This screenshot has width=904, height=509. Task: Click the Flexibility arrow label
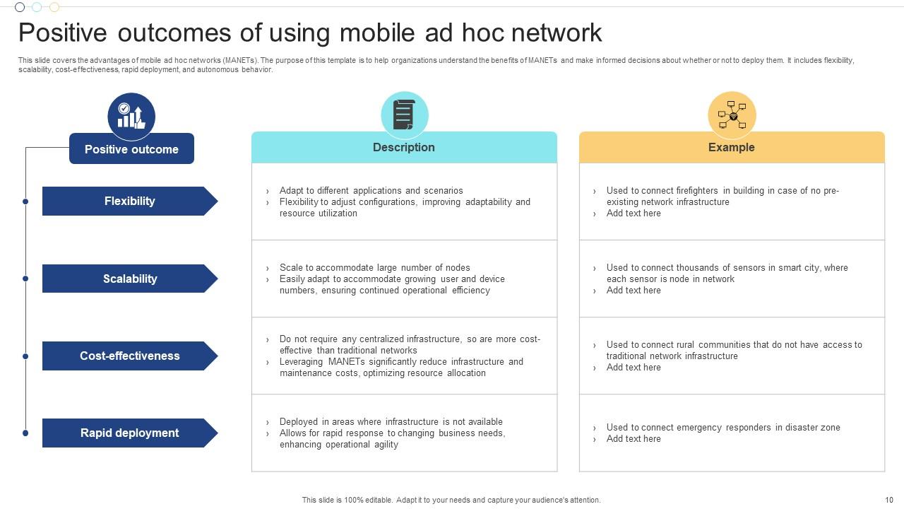point(130,201)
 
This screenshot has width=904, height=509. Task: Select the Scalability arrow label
point(130,279)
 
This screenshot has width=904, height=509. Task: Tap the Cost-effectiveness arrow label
point(130,356)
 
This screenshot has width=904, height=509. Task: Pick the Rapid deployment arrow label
point(130,433)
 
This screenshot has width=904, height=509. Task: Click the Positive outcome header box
point(131,148)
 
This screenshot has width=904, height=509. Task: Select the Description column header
point(404,148)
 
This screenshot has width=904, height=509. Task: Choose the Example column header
point(732,148)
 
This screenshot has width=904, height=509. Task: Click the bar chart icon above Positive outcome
point(131,117)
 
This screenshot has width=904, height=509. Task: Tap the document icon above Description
point(405,115)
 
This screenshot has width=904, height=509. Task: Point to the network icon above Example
point(732,115)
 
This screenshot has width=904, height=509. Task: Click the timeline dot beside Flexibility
point(25,201)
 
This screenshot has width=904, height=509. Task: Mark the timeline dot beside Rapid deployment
point(25,433)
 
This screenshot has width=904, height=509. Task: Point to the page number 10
point(889,500)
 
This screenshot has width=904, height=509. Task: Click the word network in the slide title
point(557,33)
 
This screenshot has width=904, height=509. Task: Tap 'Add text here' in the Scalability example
point(634,291)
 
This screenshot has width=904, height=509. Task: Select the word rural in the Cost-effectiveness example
point(685,344)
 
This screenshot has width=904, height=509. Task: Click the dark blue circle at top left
point(20,7)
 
